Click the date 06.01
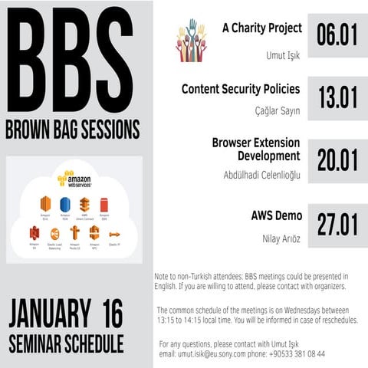(337, 36)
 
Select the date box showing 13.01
(337, 97)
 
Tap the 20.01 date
(337, 160)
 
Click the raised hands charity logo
(191, 41)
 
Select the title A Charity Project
(261, 28)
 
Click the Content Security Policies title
(241, 89)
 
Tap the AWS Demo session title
(277, 215)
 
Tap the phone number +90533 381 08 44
(297, 353)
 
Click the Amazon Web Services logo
(75, 179)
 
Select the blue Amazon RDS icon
(65, 205)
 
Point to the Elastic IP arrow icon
(114, 234)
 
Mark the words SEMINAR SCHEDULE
(66, 343)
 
